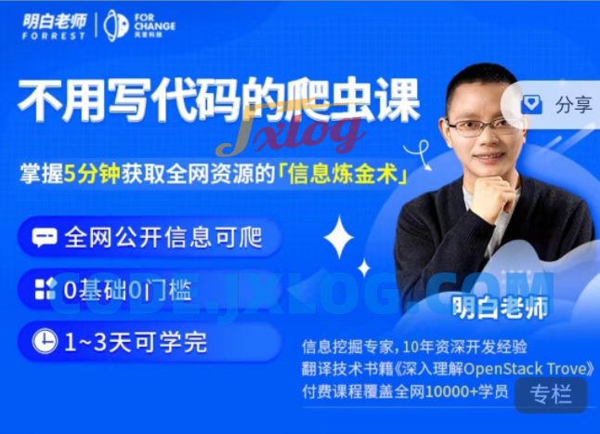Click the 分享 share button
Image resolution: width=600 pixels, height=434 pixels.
(557, 104)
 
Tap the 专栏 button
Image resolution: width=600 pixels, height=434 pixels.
(551, 394)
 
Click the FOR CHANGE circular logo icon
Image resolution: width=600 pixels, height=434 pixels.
(115, 25)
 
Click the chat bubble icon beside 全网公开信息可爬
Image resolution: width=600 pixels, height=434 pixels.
(45, 238)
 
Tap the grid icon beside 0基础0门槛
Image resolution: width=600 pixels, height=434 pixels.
(45, 289)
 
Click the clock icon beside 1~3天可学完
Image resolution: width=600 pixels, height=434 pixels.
(45, 341)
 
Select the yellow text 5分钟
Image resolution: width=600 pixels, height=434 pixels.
(93, 174)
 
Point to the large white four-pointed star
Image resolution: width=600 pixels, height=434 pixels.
(339, 237)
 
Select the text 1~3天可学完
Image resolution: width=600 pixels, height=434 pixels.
(136, 341)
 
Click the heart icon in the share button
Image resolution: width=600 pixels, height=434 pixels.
(531, 104)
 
